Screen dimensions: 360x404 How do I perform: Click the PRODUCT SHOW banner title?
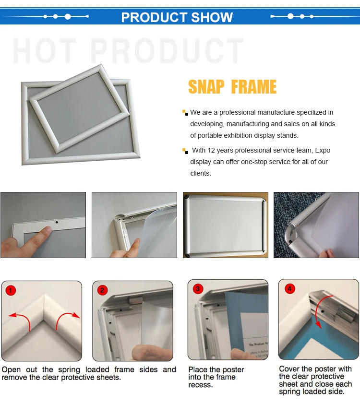(177, 17)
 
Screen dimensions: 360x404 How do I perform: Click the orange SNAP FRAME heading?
(232, 87)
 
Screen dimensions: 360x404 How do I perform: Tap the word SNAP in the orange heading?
(206, 87)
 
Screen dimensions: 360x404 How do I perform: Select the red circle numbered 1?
(11, 290)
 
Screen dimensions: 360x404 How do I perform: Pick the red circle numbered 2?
(102, 290)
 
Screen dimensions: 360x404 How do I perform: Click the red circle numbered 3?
(198, 288)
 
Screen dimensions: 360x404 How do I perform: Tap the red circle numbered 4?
(289, 288)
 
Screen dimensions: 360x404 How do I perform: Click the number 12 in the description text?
(211, 150)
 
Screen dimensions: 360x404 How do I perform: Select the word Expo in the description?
(323, 151)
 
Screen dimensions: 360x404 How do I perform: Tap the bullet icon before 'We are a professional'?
(185, 113)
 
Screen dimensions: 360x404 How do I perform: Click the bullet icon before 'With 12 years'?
(185, 151)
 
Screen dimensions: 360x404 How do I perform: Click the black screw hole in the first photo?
(57, 222)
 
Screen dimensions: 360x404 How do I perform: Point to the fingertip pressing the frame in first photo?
(47, 229)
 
